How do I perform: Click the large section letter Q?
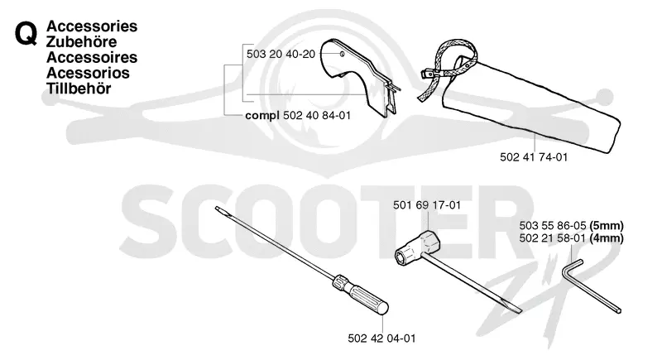pyautogui.click(x=26, y=34)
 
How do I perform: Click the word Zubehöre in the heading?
pyautogui.click(x=81, y=41)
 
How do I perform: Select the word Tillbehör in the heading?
pyautogui.click(x=79, y=89)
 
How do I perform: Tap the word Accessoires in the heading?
pyautogui.click(x=92, y=57)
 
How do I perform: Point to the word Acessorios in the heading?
pyautogui.click(x=88, y=73)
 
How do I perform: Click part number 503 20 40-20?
pyautogui.click(x=281, y=54)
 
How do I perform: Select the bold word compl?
pyautogui.click(x=262, y=116)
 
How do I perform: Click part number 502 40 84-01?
pyautogui.click(x=317, y=115)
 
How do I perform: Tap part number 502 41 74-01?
pyautogui.click(x=534, y=157)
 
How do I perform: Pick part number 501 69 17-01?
pyautogui.click(x=427, y=205)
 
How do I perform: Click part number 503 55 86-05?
pyautogui.click(x=553, y=226)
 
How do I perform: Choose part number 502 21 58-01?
pyautogui.click(x=553, y=238)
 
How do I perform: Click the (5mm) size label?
pyautogui.click(x=607, y=226)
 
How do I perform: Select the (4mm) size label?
pyautogui.click(x=607, y=238)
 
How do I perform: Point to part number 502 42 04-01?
pyautogui.click(x=381, y=338)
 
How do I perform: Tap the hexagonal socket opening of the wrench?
pyautogui.click(x=403, y=256)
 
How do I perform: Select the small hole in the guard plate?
pyautogui.click(x=343, y=54)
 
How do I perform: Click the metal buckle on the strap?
pyautogui.click(x=427, y=74)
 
